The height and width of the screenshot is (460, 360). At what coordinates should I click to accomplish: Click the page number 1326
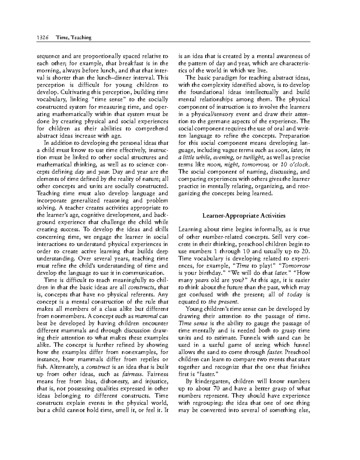coord(43,38)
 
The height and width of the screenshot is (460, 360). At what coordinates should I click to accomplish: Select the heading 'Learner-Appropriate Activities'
coord(244,215)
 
